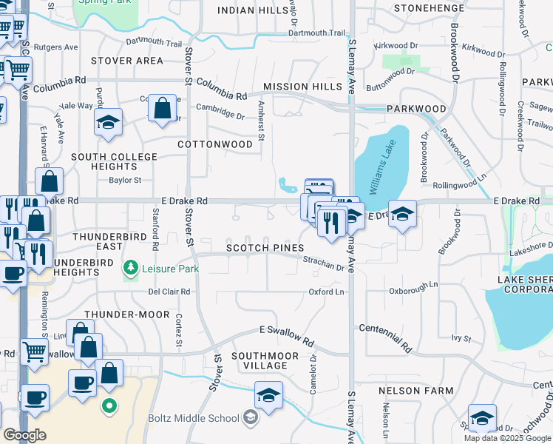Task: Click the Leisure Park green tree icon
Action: pyautogui.click(x=131, y=267)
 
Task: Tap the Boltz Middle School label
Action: pyautogui.click(x=196, y=419)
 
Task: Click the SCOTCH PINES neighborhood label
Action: pyautogui.click(x=265, y=248)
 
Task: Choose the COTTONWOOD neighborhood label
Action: pyautogui.click(x=215, y=145)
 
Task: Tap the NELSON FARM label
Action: pyautogui.click(x=405, y=390)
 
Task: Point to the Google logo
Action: pyautogui.click(x=24, y=435)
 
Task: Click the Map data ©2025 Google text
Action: pyautogui.click(x=507, y=438)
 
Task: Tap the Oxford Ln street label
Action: pyautogui.click(x=326, y=292)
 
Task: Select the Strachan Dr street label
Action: pyautogui.click(x=324, y=263)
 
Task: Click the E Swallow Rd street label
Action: pyautogui.click(x=286, y=334)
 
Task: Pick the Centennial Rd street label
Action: pyautogui.click(x=386, y=334)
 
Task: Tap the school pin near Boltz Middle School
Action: pyautogui.click(x=268, y=394)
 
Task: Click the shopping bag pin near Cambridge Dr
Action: pyautogui.click(x=162, y=108)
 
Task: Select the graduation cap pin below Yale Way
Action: pyautogui.click(x=109, y=122)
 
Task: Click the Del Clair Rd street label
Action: pyautogui.click(x=169, y=292)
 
